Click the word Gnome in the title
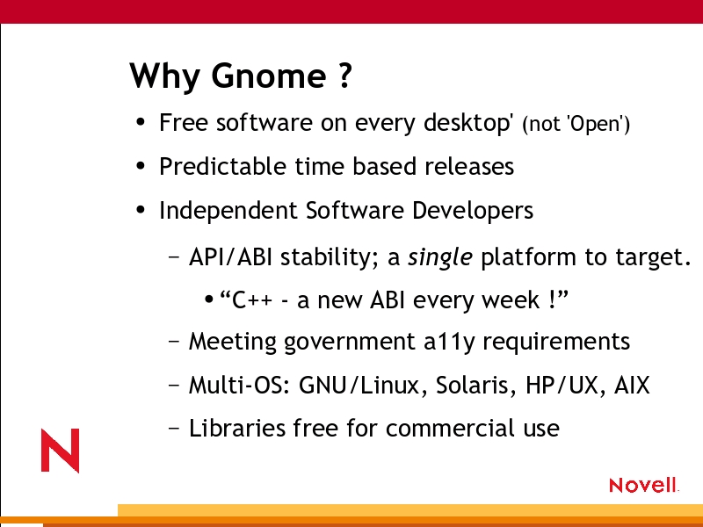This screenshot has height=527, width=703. [x=269, y=76]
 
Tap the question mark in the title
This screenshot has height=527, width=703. [x=344, y=76]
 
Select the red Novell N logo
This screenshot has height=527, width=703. [x=60, y=451]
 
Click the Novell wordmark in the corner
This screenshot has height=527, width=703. [x=643, y=485]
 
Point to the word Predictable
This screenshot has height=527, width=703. [x=222, y=166]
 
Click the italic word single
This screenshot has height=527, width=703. [x=440, y=257]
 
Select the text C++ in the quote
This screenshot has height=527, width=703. [x=252, y=300]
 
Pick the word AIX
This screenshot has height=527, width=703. [x=632, y=385]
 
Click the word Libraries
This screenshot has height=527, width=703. [x=237, y=428]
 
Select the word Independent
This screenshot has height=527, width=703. [x=228, y=211]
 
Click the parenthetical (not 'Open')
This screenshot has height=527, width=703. [x=576, y=124]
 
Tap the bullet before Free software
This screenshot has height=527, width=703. [x=141, y=122]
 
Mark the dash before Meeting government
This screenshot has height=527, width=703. [x=174, y=342]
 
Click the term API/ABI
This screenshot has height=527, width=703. [x=230, y=257]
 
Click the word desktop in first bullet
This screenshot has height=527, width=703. [x=467, y=122]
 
